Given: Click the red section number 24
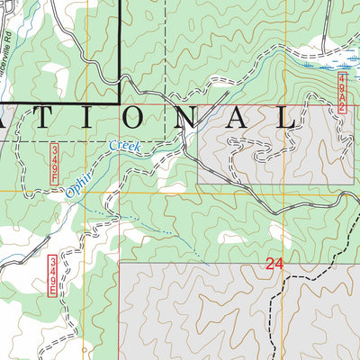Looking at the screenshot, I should (x=275, y=264).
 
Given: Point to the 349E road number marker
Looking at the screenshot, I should (x=54, y=275).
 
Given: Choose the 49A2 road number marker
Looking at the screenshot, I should (x=343, y=94).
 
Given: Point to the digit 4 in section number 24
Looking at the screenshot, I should (x=280, y=264).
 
